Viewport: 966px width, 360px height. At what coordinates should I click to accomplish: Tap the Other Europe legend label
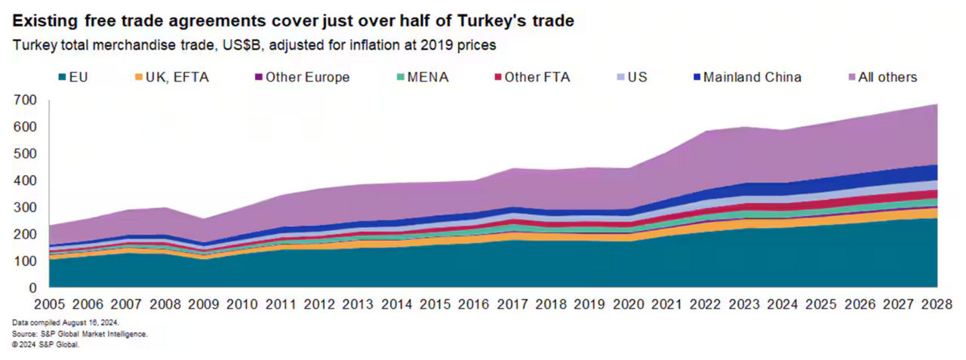click(307, 77)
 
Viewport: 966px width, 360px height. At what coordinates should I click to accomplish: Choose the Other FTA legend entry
click(533, 77)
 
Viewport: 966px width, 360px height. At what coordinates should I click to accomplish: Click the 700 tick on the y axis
click(25, 100)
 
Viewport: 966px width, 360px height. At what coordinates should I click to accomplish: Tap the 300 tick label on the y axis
click(25, 208)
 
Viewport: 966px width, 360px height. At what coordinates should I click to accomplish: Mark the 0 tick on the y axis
click(32, 288)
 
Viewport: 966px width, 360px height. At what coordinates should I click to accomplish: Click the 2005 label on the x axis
click(49, 306)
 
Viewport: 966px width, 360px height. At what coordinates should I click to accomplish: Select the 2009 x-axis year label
click(203, 306)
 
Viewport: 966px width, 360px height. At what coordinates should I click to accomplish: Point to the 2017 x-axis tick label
click(512, 306)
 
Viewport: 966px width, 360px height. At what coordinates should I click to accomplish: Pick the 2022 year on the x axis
click(706, 306)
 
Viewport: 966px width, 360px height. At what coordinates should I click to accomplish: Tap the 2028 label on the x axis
click(937, 306)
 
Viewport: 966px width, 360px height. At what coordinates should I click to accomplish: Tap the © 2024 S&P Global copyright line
click(45, 343)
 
